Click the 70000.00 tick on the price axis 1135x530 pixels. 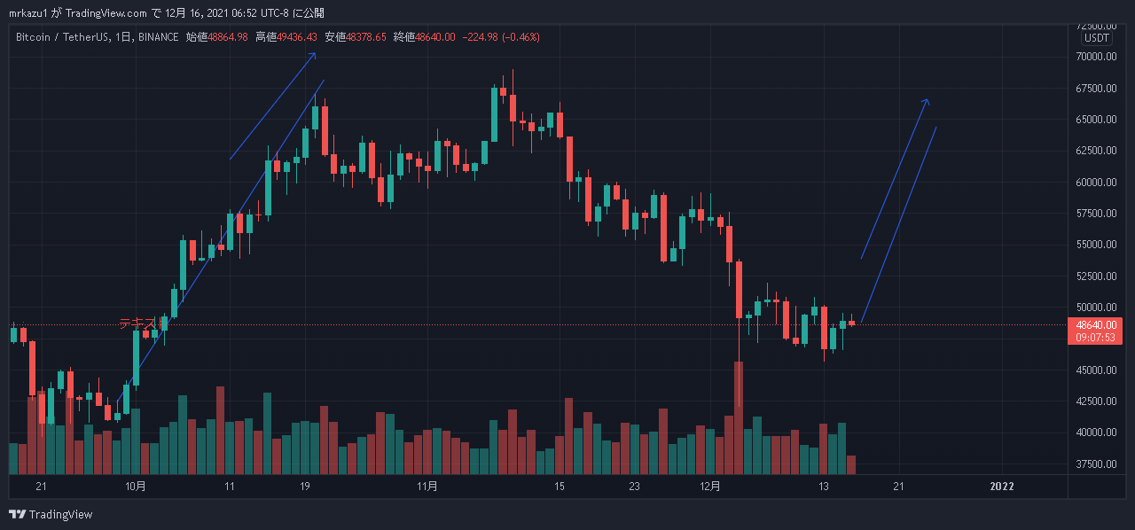[x=1096, y=57]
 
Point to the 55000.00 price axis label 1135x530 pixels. [x=1096, y=245]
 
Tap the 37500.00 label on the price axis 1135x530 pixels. [x=1096, y=464]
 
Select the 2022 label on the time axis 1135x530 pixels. [x=1002, y=487]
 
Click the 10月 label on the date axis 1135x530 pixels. [x=136, y=487]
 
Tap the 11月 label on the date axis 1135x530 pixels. [x=427, y=487]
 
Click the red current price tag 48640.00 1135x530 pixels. [x=1096, y=324]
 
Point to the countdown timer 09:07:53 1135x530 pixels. [x=1096, y=337]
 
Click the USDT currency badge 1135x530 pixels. [x=1096, y=38]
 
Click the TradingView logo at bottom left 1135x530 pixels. [x=51, y=515]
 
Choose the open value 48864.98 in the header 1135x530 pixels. [x=228, y=37]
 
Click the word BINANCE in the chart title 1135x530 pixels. [x=158, y=37]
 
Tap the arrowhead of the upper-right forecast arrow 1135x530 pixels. [x=927, y=100]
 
